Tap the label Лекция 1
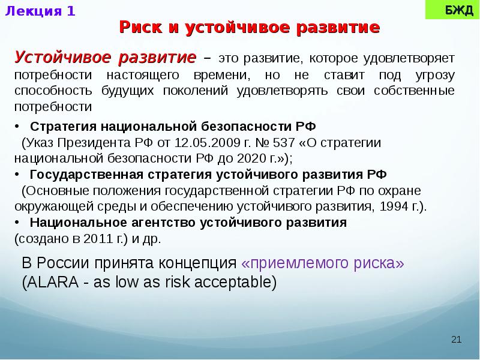tap(41, 11)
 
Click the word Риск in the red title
tap(139, 28)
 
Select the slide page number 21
tap(456, 340)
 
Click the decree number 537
tap(284, 143)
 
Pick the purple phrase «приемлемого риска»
tap(323, 264)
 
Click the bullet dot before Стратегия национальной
tap(17, 128)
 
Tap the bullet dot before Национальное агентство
tap(17, 222)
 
